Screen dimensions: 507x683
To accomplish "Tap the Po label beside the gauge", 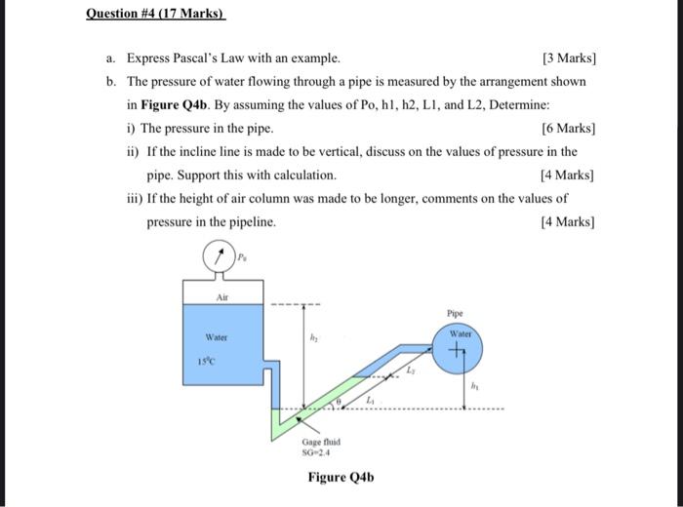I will [x=245, y=257].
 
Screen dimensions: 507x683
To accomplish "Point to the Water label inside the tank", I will [x=215, y=337].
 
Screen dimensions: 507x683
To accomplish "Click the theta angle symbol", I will [x=338, y=400].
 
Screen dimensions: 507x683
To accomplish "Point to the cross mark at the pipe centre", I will [x=460, y=355].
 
